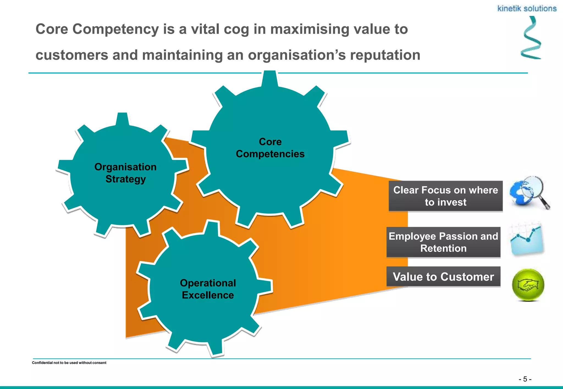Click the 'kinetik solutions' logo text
pyautogui.click(x=527, y=9)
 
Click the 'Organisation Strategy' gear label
pyautogui.click(x=125, y=173)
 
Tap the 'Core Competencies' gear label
pyautogui.click(x=270, y=148)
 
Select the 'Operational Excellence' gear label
pyautogui.click(x=208, y=289)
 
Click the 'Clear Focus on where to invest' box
pyautogui.click(x=445, y=196)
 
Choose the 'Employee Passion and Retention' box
pyautogui.click(x=443, y=242)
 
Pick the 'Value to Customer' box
pyautogui.click(x=443, y=277)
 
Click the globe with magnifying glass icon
pyautogui.click(x=529, y=193)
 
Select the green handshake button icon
pyautogui.click(x=528, y=285)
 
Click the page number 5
pyautogui.click(x=525, y=379)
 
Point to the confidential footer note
pyautogui.click(x=69, y=363)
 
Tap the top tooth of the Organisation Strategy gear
pyautogui.click(x=122, y=119)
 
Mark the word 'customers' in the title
pyautogui.click(x=71, y=55)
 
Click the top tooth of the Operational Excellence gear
pyautogui.click(x=211, y=227)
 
